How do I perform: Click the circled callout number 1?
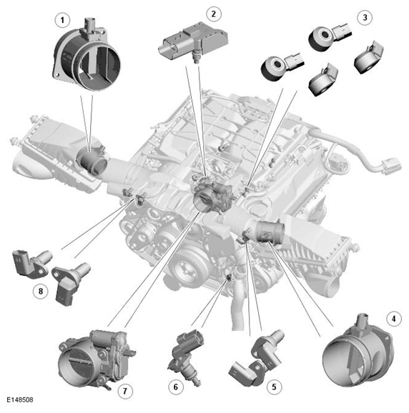click(x=62, y=20)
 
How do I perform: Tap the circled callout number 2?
click(x=214, y=14)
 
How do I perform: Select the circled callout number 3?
click(x=365, y=18)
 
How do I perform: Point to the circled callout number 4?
click(x=394, y=319)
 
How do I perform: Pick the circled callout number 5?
click(x=274, y=387)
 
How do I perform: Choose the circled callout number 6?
click(x=176, y=387)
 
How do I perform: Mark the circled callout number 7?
click(x=125, y=391)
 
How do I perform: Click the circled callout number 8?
click(x=41, y=291)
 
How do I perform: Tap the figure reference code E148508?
click(x=20, y=400)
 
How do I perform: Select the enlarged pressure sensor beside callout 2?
click(x=192, y=41)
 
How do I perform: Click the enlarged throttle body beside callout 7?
click(x=97, y=359)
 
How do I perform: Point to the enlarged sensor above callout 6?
click(x=186, y=357)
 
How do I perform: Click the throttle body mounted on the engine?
click(x=213, y=196)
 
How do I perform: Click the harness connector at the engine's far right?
click(x=391, y=166)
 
